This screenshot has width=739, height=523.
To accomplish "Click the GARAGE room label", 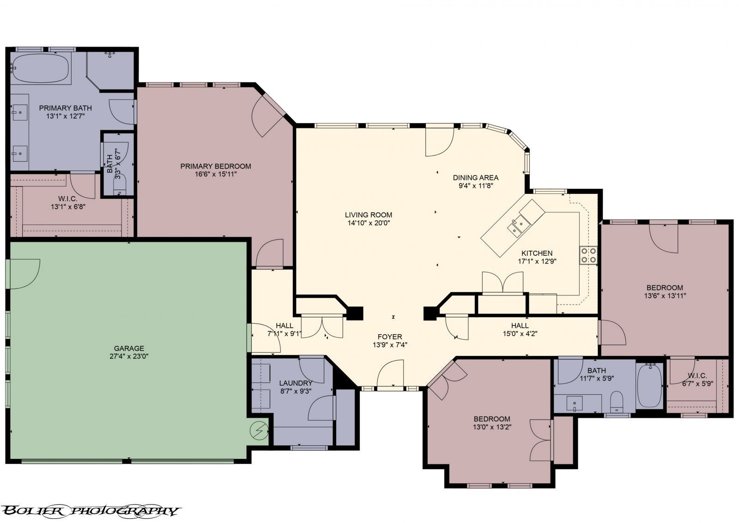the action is tap(129, 348).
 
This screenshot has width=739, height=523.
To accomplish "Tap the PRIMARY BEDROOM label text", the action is tap(215, 166).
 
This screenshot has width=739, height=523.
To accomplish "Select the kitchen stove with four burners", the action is tap(588, 255).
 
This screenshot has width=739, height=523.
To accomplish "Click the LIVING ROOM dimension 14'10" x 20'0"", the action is tap(369, 223).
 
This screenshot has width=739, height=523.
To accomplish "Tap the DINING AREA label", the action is tap(475, 178).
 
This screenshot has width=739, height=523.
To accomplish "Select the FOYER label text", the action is tap(390, 337).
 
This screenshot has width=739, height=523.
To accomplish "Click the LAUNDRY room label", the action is tap(296, 383).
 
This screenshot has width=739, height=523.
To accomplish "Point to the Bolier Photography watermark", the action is tap(91, 511).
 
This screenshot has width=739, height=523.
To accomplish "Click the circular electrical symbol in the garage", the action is tap(259, 430).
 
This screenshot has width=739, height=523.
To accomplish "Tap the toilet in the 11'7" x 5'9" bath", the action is tap(616, 402).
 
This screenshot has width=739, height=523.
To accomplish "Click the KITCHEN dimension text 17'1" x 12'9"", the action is tap(537, 261).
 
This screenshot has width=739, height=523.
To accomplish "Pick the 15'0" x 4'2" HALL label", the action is tap(520, 330).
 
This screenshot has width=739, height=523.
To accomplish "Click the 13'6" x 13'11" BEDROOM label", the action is tap(665, 292).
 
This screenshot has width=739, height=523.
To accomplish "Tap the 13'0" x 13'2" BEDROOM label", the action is tap(492, 423).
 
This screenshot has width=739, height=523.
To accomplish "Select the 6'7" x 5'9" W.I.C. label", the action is tap(697, 379).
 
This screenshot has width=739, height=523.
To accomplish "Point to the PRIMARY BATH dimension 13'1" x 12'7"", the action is tap(65, 116).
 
